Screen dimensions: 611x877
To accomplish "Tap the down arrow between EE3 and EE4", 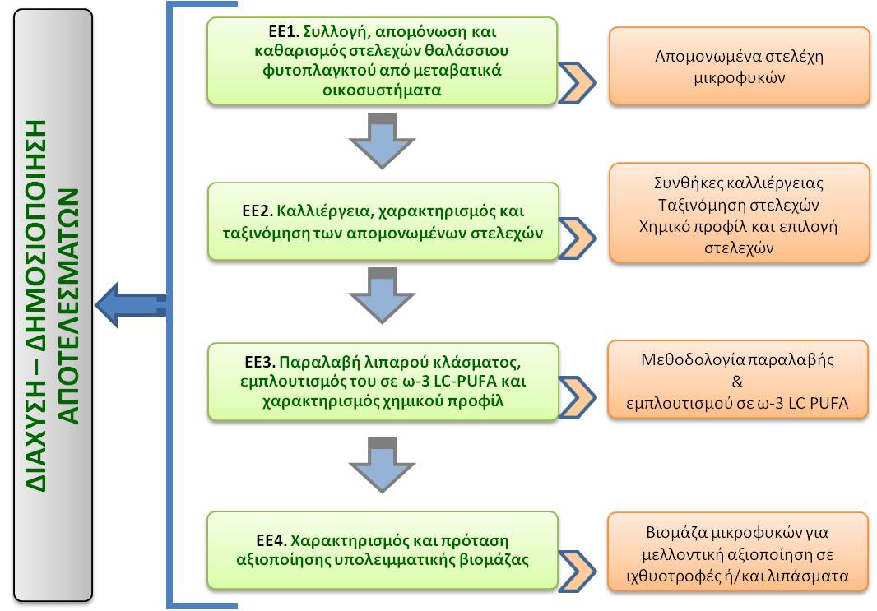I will (x=381, y=465).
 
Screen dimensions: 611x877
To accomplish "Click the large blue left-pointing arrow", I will (x=130, y=305).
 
